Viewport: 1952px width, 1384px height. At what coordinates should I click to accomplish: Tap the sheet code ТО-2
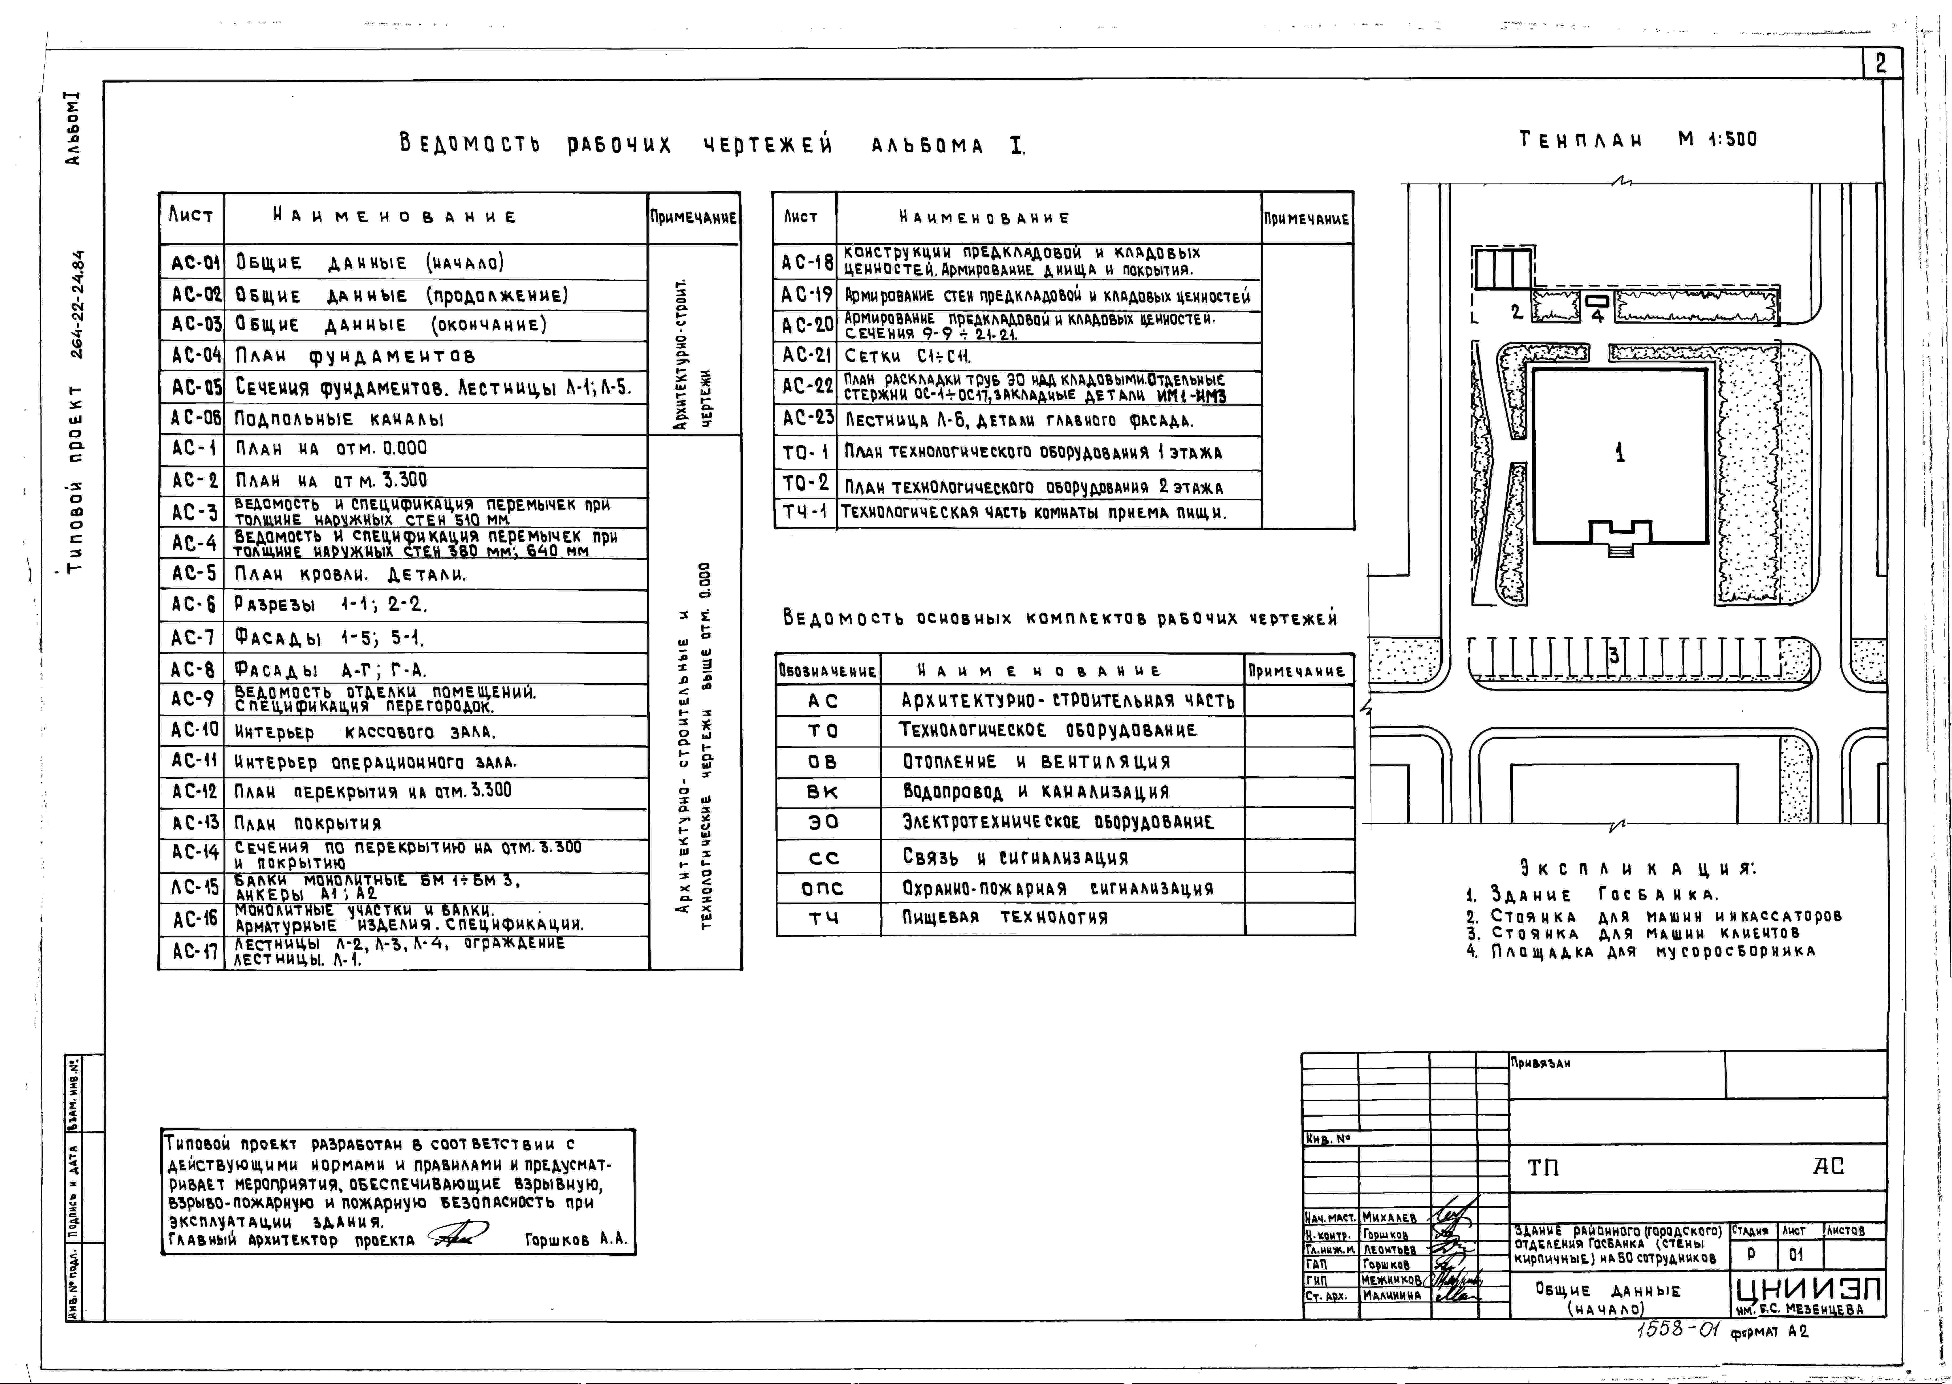[806, 483]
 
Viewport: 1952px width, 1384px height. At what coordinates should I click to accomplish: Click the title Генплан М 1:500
[1638, 139]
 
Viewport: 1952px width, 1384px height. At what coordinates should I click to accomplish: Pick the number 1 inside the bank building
[1620, 453]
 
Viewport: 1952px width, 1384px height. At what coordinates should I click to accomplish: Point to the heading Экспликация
[1637, 869]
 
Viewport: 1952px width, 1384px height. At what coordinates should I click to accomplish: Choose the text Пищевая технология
[1005, 918]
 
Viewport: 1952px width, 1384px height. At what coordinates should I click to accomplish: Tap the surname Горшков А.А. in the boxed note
[576, 1240]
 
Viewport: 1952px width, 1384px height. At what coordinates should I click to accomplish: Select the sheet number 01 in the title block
[1796, 1255]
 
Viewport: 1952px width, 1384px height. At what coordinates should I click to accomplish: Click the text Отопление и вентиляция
[1036, 762]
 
